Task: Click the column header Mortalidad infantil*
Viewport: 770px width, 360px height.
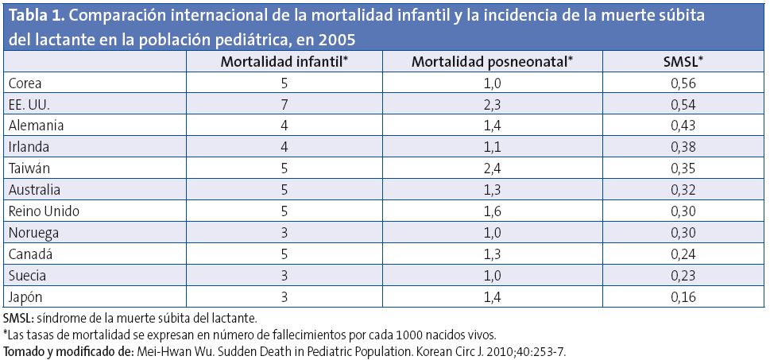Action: click(x=285, y=63)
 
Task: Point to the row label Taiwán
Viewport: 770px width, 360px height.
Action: click(x=26, y=169)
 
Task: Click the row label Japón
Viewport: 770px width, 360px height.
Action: click(x=24, y=298)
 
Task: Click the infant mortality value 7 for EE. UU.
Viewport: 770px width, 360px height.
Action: click(x=285, y=105)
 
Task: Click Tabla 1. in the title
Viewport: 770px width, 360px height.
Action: click(x=36, y=16)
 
